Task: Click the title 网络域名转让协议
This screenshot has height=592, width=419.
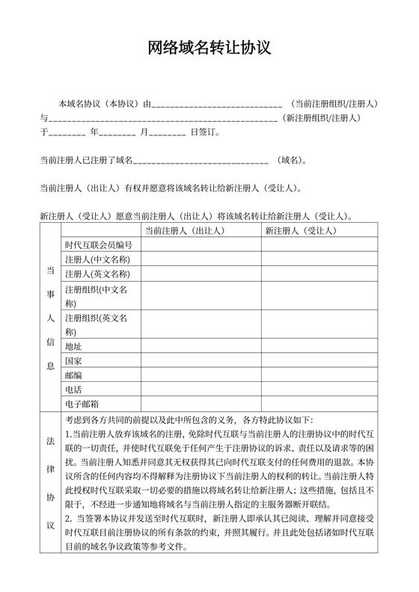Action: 209,49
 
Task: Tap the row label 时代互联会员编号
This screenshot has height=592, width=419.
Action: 99,245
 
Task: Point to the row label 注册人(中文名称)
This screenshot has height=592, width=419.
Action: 98,259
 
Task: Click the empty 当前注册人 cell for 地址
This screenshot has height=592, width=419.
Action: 200,347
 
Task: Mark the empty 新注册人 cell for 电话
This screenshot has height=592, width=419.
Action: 319,390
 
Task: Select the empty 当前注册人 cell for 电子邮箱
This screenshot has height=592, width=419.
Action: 200,404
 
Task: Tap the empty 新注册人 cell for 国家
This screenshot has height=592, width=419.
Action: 319,361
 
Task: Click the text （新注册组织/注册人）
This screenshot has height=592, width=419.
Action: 322,118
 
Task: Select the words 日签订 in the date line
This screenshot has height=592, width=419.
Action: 204,132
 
